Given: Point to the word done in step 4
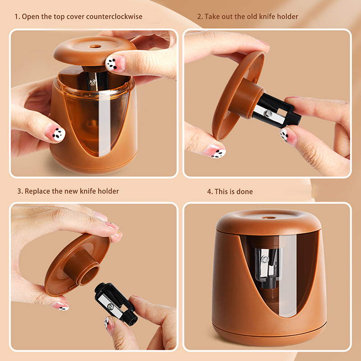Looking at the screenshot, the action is pos(245,191).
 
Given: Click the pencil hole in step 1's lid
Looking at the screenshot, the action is pos(95,46).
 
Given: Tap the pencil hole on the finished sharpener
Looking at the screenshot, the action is pos(269,218).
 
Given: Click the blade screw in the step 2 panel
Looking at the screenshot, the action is pos(268,113).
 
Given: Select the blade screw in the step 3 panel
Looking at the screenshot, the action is pos(111,306).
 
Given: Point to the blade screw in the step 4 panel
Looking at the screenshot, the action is pos(265,259).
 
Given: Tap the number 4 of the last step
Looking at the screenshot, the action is pos(209,191).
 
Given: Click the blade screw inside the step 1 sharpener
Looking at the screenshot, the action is pos(93,82).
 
